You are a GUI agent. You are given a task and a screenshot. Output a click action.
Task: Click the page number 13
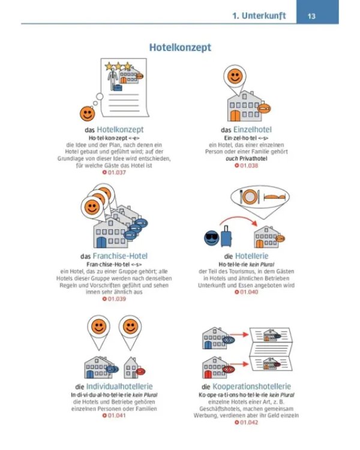pos(311,16)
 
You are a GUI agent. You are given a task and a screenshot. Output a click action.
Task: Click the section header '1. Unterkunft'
pos(259,16)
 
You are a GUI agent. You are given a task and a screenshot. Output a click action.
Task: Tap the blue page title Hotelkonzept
pos(180,47)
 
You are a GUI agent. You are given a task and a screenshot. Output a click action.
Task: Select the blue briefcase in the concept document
pos(118,88)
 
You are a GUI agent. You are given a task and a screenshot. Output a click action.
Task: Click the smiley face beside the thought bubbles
pos(87,113)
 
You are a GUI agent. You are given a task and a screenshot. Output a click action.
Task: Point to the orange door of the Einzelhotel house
pos(235,116)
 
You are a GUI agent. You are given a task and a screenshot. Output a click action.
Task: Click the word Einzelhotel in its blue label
pos(253,130)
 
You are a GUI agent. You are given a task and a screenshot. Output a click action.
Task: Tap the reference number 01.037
pos(116,172)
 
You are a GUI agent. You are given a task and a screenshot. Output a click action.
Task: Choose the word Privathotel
pos(253,159)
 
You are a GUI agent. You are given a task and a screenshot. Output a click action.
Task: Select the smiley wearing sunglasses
pos(212,238)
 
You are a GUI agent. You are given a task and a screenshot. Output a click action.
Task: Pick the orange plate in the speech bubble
pos(249,197)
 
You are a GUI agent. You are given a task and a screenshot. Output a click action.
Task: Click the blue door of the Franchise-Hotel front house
pos(101,242)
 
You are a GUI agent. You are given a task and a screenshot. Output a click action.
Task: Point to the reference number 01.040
pos(248,292)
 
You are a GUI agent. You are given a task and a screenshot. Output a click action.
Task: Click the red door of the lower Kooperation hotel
pos(208,374)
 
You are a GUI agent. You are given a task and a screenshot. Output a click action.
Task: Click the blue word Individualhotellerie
pos(119,386)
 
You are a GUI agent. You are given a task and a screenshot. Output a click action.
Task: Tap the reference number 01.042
pos(248,422)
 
